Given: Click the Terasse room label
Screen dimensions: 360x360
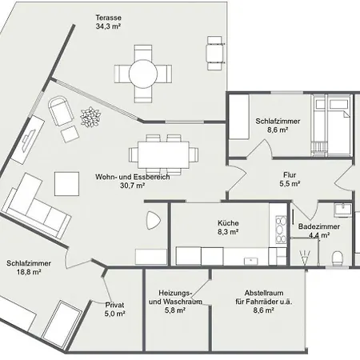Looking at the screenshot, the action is point(109,18).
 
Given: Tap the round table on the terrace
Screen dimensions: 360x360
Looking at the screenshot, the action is point(143,74).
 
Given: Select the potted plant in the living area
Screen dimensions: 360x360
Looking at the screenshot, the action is point(90,117).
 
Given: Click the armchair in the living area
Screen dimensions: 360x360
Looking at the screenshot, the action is point(61,110).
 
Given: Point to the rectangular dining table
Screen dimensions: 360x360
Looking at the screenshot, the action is point(163,155).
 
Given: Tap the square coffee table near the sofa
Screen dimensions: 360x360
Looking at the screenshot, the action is point(66,184).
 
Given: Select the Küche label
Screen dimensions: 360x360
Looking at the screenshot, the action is point(228,223).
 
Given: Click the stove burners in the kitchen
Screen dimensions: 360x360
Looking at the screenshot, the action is point(281,230).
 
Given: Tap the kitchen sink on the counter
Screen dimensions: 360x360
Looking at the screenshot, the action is point(250,260).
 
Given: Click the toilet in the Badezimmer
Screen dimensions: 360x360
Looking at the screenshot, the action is point(337,258).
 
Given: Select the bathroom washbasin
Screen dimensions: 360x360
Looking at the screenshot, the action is point(343,209).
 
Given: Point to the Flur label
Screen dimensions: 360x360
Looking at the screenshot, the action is point(290,175).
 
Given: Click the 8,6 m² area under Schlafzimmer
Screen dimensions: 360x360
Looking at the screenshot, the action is point(278,130).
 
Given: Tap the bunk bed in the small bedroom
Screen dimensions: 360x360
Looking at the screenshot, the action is point(330,126).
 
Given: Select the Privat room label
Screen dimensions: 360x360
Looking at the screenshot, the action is point(114,305).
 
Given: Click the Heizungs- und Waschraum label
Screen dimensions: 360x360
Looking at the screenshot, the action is point(175,298).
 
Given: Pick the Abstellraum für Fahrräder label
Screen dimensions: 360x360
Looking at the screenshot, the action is point(264,298).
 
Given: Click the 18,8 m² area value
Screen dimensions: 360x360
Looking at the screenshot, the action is point(29,272).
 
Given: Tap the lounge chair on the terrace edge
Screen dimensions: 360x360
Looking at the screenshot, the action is point(214,53).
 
